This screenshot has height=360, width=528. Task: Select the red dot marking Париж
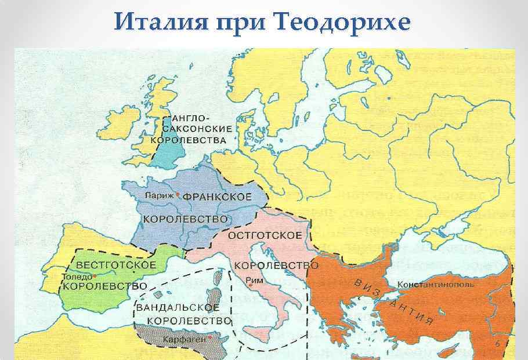point(178,194)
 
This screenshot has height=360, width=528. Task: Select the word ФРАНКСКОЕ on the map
point(218,197)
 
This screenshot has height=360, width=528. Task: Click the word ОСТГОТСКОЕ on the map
point(265,235)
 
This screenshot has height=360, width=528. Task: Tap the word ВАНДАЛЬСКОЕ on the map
point(178,307)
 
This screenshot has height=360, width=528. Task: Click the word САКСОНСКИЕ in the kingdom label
point(199,128)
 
